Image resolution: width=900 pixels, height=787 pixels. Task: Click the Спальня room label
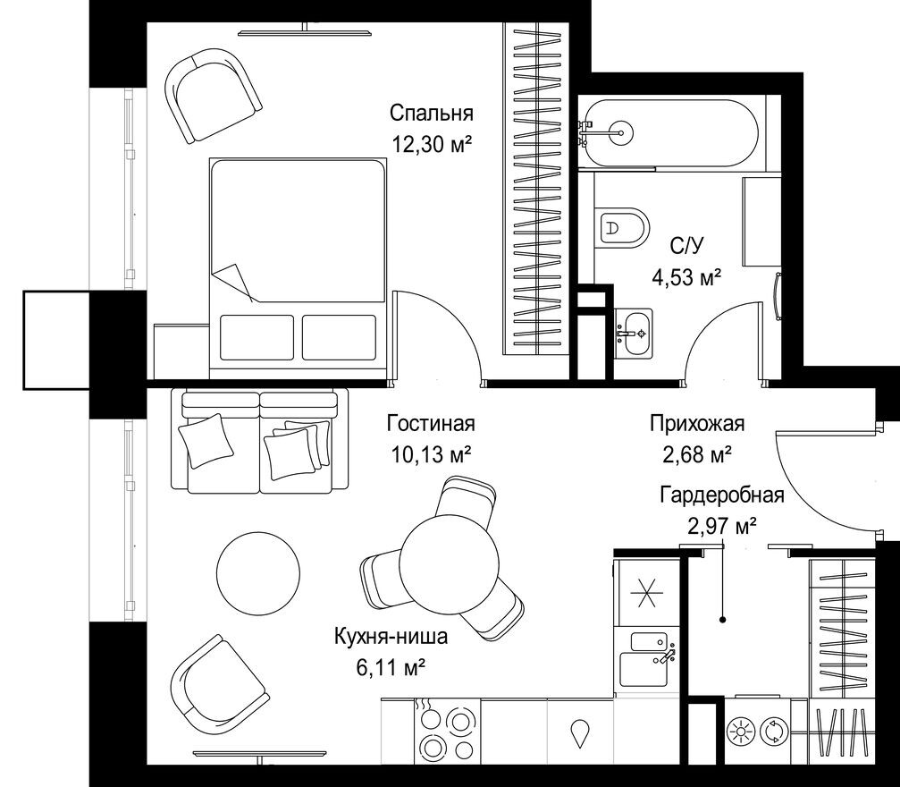pyautogui.click(x=431, y=113)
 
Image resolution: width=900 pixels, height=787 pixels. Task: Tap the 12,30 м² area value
pyautogui.click(x=432, y=144)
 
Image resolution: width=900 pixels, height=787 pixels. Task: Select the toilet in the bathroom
pyautogui.click(x=622, y=227)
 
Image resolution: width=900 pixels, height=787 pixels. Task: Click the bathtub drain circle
pyautogui.click(x=622, y=133)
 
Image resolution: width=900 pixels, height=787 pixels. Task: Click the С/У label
pyautogui.click(x=686, y=247)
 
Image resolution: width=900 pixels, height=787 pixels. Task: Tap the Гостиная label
pyautogui.click(x=431, y=424)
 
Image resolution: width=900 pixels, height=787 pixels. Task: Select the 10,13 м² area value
pyautogui.click(x=432, y=455)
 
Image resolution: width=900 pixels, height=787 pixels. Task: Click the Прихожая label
pyautogui.click(x=697, y=424)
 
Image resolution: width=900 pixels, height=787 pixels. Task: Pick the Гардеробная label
pyautogui.click(x=722, y=495)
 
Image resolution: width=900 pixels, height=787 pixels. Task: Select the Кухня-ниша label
pyautogui.click(x=391, y=637)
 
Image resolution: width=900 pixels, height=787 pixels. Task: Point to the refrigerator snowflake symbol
pyautogui.click(x=646, y=593)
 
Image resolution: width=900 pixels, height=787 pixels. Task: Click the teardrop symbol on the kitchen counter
pyautogui.click(x=581, y=732)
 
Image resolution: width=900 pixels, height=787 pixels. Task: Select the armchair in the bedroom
pyautogui.click(x=213, y=96)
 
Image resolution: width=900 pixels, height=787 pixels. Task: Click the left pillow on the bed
pyautogui.click(x=257, y=337)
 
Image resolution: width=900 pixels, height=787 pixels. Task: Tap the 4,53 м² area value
pyautogui.click(x=686, y=278)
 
